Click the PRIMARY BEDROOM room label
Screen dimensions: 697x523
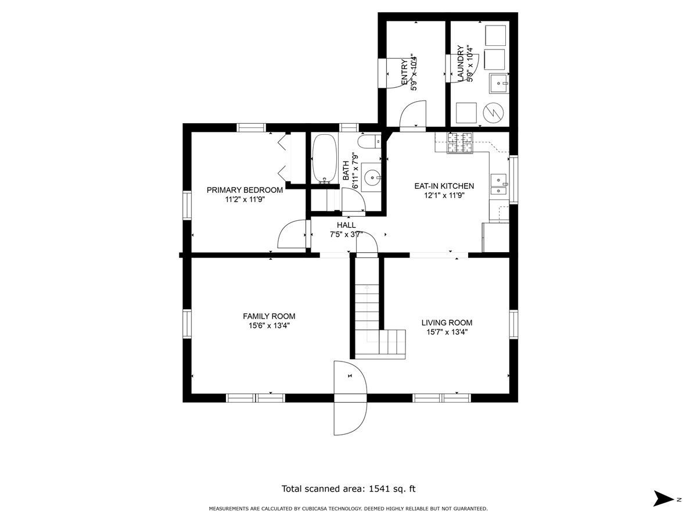pos(245,190)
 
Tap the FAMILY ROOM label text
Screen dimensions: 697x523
pos(269,316)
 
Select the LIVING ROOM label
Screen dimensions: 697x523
pos(447,323)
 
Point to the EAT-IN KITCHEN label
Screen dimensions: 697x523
pos(444,186)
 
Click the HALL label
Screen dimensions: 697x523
pos(346,225)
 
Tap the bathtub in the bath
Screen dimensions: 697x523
pos(325,159)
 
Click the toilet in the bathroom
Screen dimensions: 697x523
pos(369,141)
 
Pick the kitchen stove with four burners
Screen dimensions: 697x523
pos(460,142)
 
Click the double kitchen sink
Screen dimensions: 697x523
pos(498,185)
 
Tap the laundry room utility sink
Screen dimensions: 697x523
pos(498,83)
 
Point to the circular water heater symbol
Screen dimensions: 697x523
pos(494,112)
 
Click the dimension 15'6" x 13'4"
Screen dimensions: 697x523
pos(270,325)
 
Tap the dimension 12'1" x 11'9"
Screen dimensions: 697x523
pos(444,195)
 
